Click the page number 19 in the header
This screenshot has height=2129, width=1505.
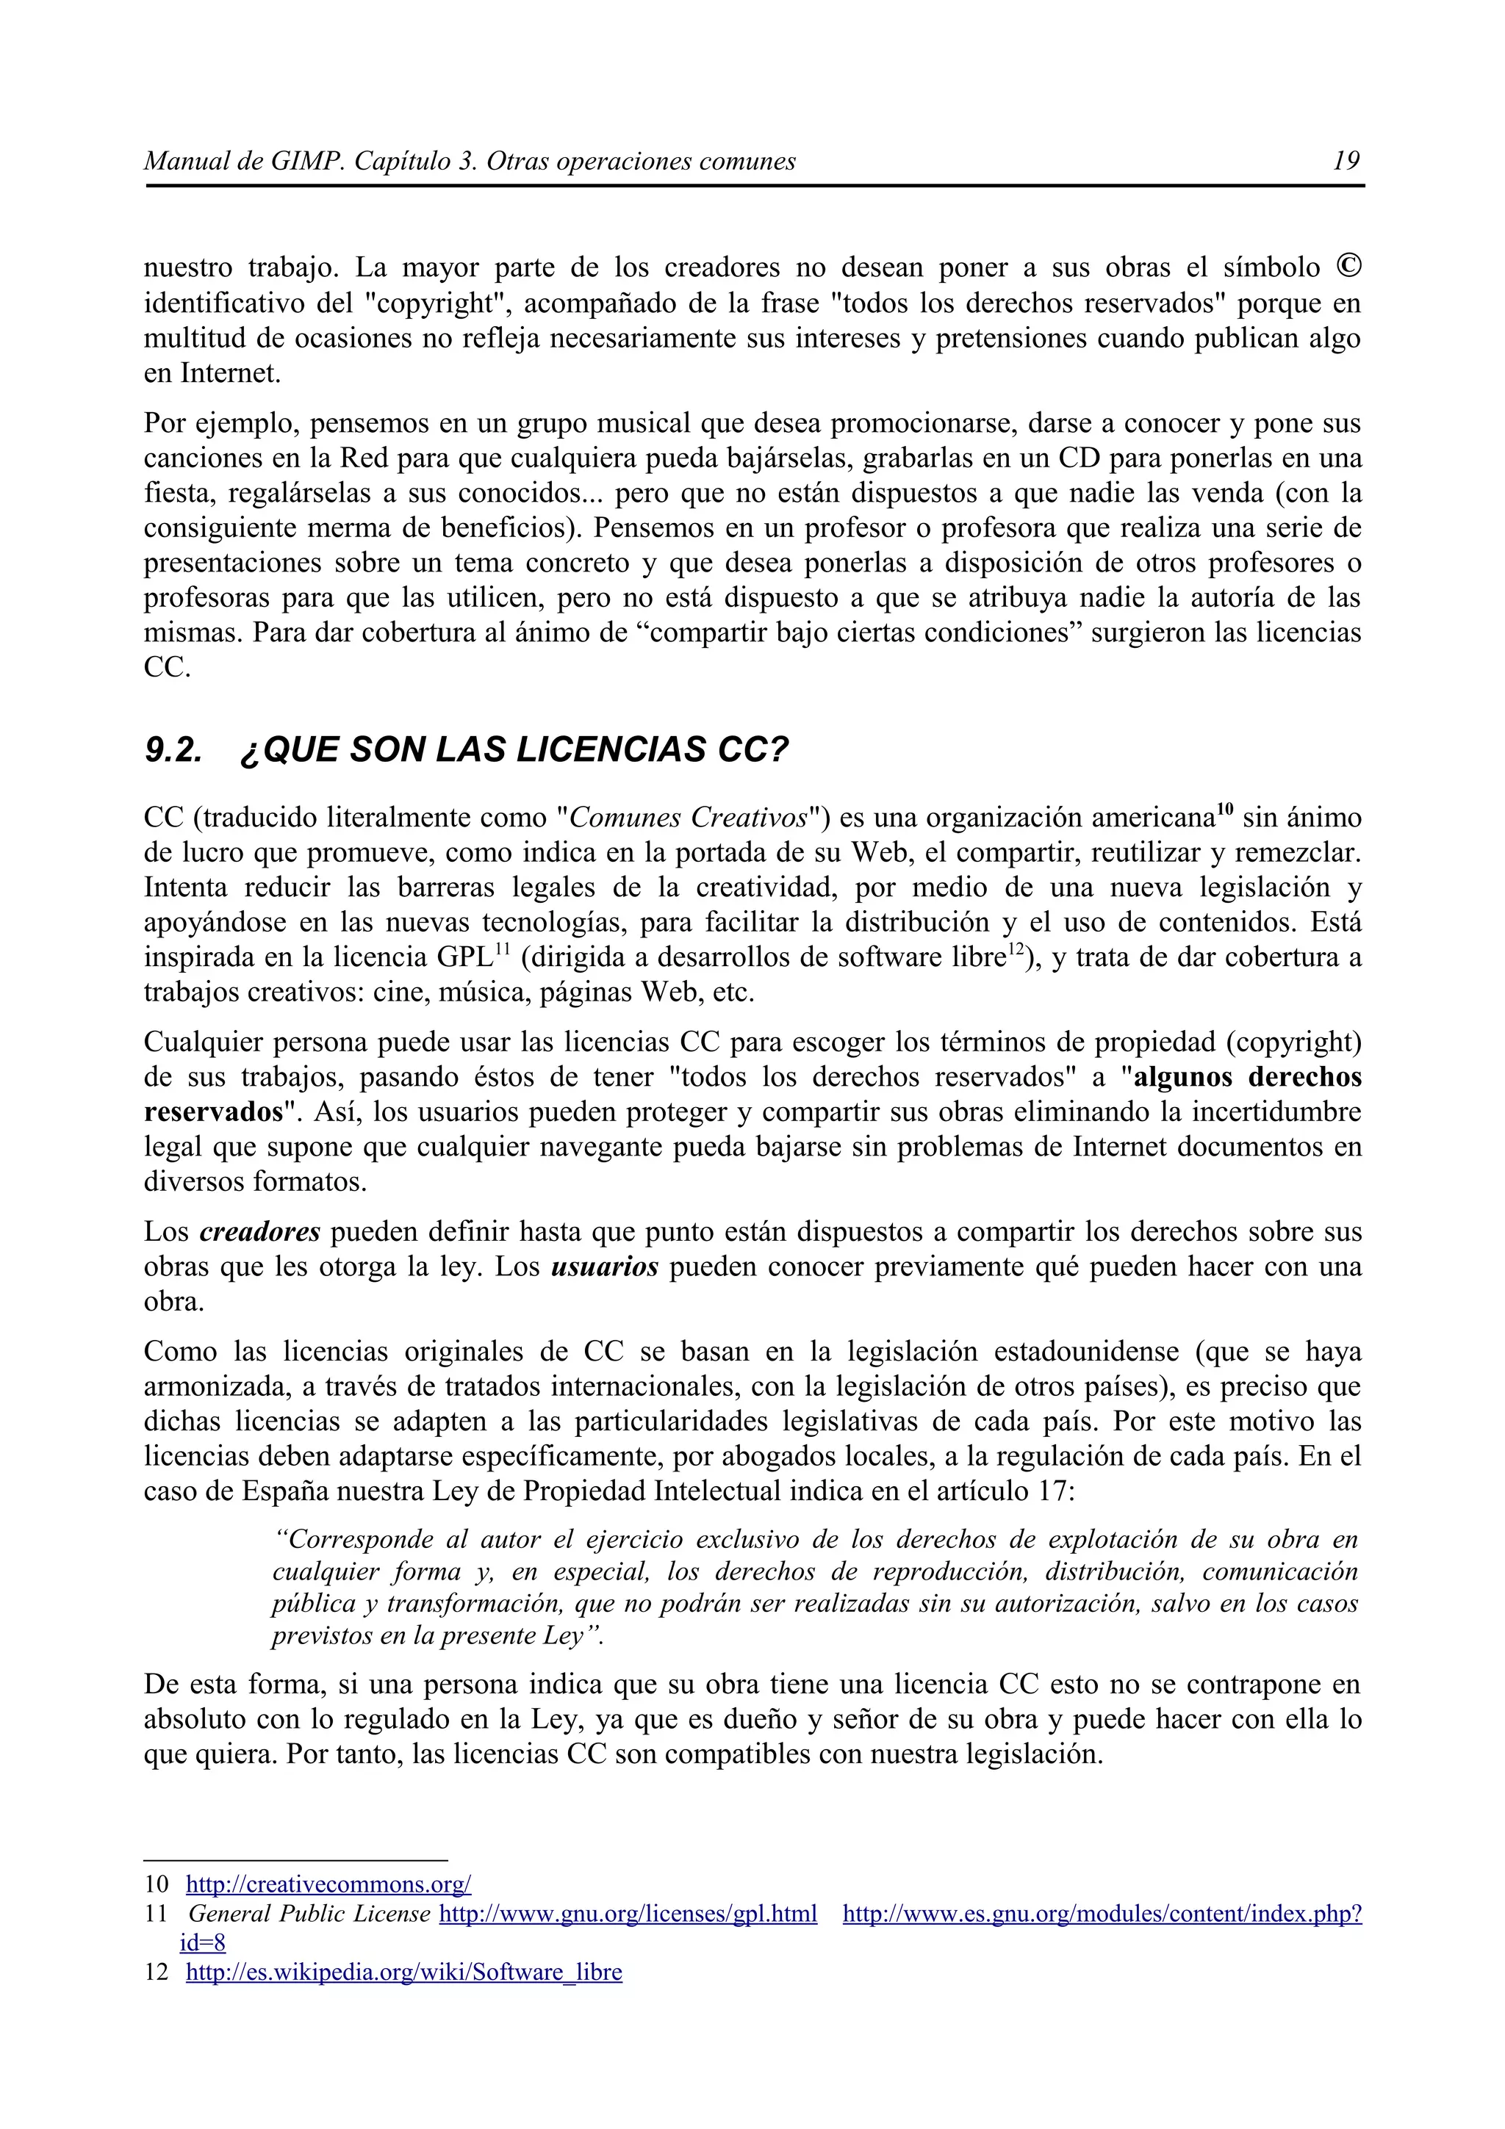pyautogui.click(x=1346, y=162)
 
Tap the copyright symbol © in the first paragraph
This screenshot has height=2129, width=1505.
pyautogui.click(x=1348, y=267)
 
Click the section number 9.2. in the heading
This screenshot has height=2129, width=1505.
pyautogui.click(x=173, y=749)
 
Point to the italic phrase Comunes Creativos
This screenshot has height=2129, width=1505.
pyautogui.click(x=688, y=818)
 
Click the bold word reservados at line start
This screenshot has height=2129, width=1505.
pyautogui.click(x=212, y=1112)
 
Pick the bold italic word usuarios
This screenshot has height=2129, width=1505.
pyautogui.click(x=605, y=1267)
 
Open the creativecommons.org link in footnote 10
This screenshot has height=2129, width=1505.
pyautogui.click(x=328, y=1884)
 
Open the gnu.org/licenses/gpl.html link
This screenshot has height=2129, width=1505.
pyautogui.click(x=628, y=1914)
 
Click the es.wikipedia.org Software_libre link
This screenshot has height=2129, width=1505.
pyautogui.click(x=403, y=1973)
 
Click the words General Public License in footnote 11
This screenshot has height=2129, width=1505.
pyautogui.click(x=309, y=1914)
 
